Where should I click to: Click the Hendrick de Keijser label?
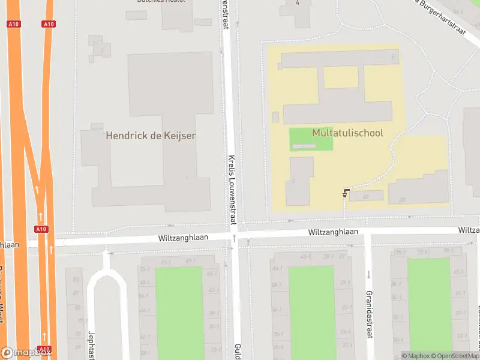[x=151, y=136]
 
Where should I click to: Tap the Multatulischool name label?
[x=347, y=133]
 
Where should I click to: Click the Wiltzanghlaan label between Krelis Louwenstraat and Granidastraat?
[x=333, y=232]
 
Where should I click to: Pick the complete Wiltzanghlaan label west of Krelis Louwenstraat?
[x=183, y=238]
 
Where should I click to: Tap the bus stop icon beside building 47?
[x=346, y=192]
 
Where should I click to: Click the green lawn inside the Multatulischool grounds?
[x=311, y=139]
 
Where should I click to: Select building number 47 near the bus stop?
[x=365, y=196]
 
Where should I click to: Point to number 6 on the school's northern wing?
[x=393, y=57]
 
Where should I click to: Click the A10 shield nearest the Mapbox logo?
[x=44, y=349]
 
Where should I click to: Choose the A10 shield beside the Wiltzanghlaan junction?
[x=41, y=229]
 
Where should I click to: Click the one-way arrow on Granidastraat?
[x=368, y=275]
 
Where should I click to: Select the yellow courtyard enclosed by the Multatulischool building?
[x=341, y=77]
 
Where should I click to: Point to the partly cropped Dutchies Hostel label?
[x=160, y=2]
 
